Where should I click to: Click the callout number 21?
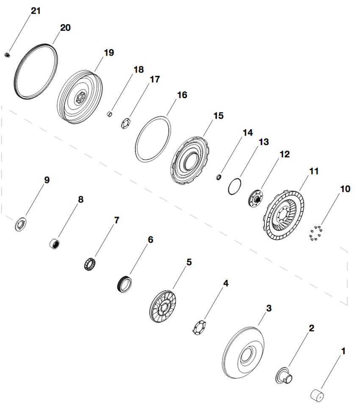click(36, 11)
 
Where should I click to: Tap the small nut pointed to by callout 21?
click(7, 55)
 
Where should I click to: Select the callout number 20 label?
click(65, 28)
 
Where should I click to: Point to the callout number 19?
click(109, 53)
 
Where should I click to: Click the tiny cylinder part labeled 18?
click(109, 113)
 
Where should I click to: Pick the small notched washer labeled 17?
click(125, 124)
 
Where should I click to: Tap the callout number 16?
click(182, 95)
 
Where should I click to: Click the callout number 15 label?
click(218, 116)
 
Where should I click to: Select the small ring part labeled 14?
click(219, 176)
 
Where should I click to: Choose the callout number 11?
click(314, 172)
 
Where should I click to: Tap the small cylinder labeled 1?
click(318, 396)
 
